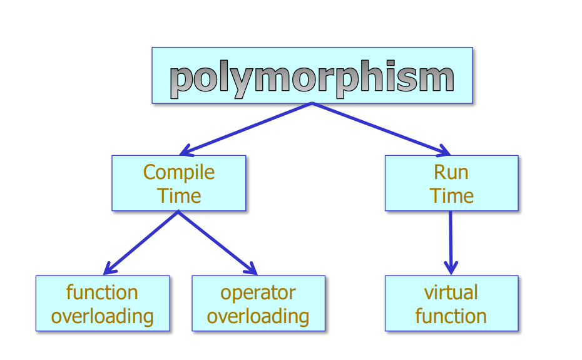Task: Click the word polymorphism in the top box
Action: [x=312, y=78]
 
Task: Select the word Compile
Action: [x=179, y=172]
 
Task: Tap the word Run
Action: [x=451, y=172]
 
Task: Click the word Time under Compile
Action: [x=179, y=195]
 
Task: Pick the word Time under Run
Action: [x=451, y=195]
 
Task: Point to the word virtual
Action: [x=451, y=292]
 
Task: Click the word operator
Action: [x=258, y=292]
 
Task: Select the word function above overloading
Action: [x=102, y=292]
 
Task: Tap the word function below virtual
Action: [x=451, y=316]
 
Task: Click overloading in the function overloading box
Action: [x=102, y=316]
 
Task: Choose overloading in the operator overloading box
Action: [x=258, y=316]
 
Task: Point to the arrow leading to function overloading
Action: [x=141, y=242]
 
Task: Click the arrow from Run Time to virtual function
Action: [x=451, y=241]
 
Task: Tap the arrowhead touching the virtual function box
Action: [x=451, y=268]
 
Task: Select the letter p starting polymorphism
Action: [x=182, y=81]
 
